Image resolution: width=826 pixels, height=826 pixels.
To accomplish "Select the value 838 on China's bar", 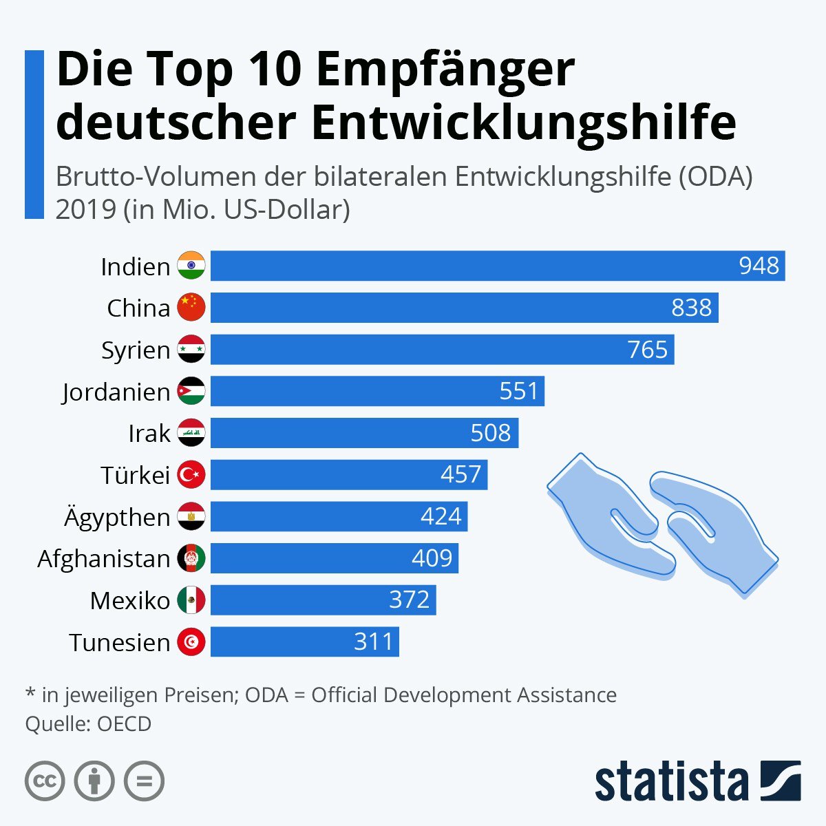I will pyautogui.click(x=691, y=308).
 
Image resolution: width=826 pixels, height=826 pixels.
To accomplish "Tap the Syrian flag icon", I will pyautogui.click(x=191, y=350).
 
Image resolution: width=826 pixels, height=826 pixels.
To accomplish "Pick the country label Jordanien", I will pyautogui.click(x=116, y=392).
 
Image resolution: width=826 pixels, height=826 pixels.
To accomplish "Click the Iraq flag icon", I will pyautogui.click(x=191, y=434).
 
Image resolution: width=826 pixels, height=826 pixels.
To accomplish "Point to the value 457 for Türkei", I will pyautogui.click(x=460, y=475).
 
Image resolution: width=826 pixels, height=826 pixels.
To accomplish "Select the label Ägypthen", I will pyautogui.click(x=117, y=517).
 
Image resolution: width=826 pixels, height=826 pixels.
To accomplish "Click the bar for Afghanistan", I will pyautogui.click(x=334, y=558).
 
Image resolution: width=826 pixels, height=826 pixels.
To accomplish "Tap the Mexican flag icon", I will pyautogui.click(x=191, y=600).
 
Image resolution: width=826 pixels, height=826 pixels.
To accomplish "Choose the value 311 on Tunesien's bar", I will pyautogui.click(x=373, y=642).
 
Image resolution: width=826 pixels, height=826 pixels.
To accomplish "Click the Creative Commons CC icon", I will pyautogui.click(x=45, y=781).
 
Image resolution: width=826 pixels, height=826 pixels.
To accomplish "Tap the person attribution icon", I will pyautogui.click(x=94, y=781).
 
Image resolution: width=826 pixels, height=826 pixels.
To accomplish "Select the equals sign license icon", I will pyautogui.click(x=144, y=781).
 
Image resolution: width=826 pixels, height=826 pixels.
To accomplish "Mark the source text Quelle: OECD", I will pyautogui.click(x=88, y=724).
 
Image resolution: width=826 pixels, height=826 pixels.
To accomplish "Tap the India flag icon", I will pyautogui.click(x=191, y=266).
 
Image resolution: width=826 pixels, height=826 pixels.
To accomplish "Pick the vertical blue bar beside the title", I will pyautogui.click(x=34, y=134).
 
